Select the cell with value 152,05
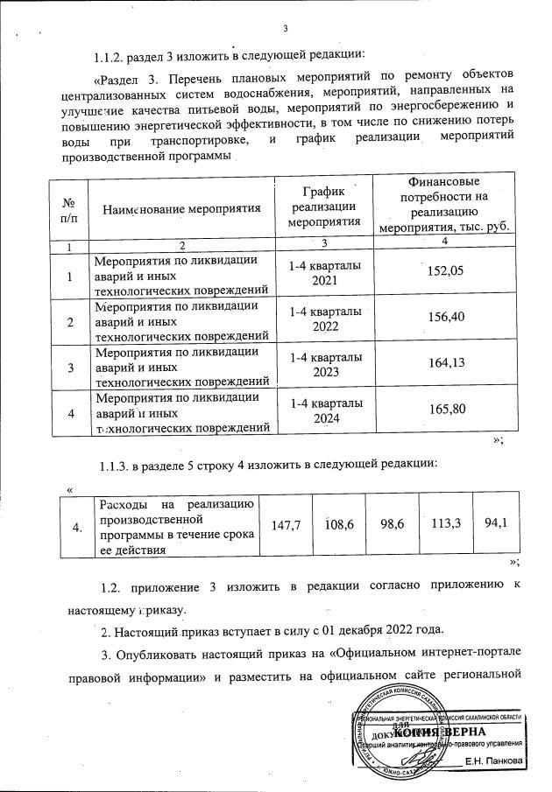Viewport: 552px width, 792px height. (443, 272)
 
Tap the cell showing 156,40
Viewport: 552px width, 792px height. (443, 319)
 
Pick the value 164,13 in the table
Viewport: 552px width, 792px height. (443, 367)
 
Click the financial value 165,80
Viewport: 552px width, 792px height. (443, 414)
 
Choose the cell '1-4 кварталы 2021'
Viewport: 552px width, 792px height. (323, 273)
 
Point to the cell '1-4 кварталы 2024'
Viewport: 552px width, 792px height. (323, 414)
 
